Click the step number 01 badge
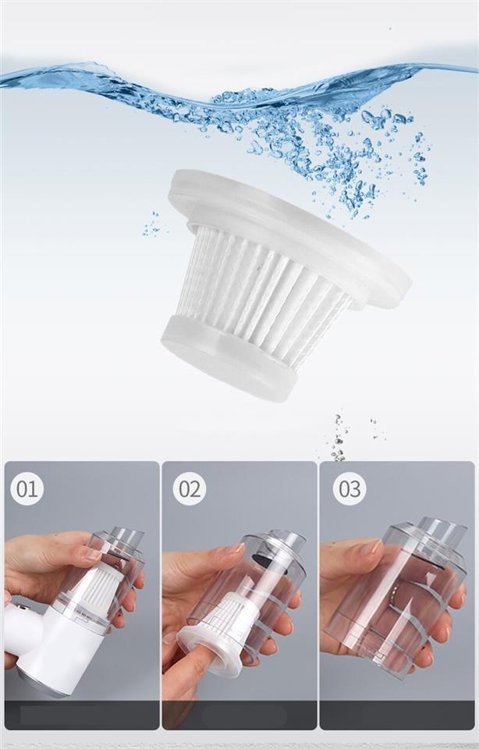27,488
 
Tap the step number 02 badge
189,488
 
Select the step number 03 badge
349,488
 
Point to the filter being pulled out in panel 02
225,635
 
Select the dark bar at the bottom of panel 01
82,715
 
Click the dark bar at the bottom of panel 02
239,715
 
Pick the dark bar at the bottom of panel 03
397,715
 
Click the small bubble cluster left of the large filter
152,225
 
